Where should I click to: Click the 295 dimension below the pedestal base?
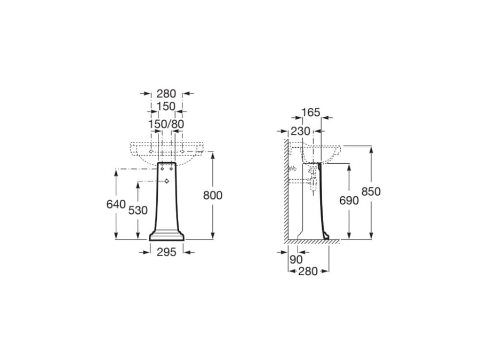166,252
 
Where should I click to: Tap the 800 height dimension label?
213,195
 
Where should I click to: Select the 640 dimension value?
116,204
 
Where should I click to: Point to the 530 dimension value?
138,211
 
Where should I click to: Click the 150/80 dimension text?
166,124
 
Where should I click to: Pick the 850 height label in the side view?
371,191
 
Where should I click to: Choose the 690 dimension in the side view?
349,201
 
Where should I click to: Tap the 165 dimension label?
311,113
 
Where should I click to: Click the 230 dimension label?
300,131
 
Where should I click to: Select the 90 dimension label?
295,260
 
